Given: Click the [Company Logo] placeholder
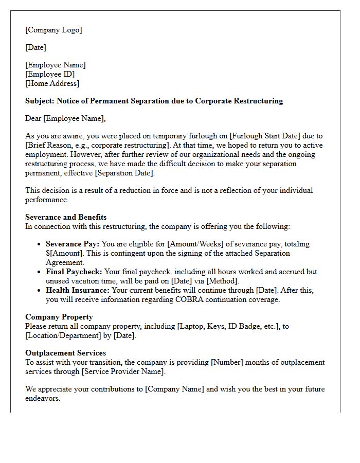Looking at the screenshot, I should [x=53, y=30].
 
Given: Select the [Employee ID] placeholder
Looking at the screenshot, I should [x=50, y=74].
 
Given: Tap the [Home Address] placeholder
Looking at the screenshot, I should [x=52, y=83].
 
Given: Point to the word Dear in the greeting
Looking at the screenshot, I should [x=33, y=118].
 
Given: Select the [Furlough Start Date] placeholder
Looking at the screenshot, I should [x=267, y=136].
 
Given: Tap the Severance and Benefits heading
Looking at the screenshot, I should [x=66, y=217].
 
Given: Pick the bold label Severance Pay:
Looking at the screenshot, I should [x=73, y=244].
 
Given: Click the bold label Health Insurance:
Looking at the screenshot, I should [x=77, y=291].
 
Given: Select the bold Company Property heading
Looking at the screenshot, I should [x=59, y=317].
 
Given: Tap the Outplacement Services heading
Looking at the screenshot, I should [x=65, y=353].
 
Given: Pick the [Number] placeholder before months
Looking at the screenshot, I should [x=227, y=362].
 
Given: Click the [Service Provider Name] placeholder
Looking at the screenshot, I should [x=124, y=371].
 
